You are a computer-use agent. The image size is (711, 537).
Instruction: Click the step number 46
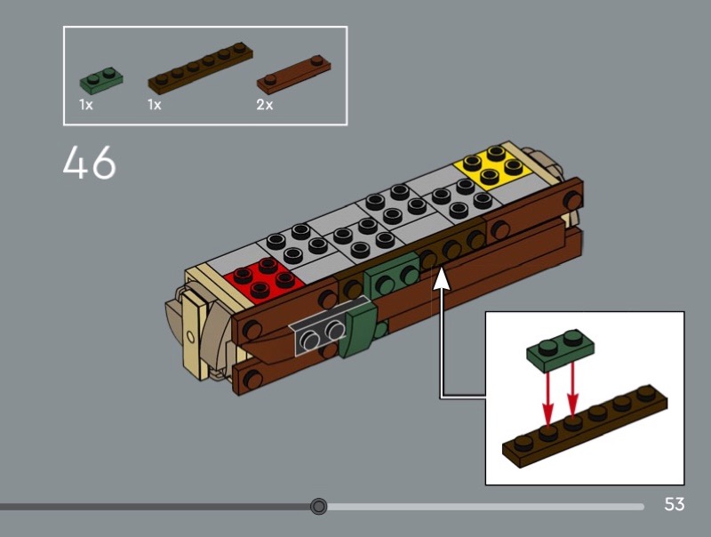click(90, 163)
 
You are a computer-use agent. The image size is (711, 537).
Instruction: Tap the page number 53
click(675, 504)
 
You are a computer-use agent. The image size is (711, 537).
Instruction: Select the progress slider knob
click(319, 506)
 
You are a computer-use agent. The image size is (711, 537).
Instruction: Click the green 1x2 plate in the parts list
click(101, 80)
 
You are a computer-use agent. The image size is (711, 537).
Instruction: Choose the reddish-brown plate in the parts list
click(294, 74)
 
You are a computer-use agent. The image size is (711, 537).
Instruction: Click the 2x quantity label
click(265, 105)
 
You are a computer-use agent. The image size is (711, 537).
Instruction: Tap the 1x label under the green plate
click(85, 105)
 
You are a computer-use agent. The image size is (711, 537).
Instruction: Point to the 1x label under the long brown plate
click(154, 105)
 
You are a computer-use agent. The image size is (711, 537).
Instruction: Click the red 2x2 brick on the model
click(264, 279)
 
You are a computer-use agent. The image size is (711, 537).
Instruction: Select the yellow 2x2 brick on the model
click(493, 167)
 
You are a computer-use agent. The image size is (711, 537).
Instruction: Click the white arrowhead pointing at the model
click(441, 278)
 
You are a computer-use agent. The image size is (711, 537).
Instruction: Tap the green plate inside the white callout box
click(561, 349)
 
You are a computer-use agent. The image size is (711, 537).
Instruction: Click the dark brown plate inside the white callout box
click(585, 426)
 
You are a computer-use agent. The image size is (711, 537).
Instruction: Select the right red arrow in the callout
click(572, 389)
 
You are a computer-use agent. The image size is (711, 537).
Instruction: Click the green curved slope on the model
click(362, 329)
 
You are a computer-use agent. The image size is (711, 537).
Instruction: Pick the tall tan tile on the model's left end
click(193, 334)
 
